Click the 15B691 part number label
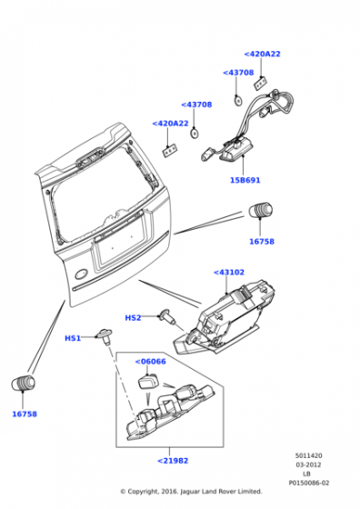pyautogui.click(x=245, y=180)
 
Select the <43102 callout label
pyautogui.click(x=229, y=272)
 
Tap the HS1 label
pyautogui.click(x=73, y=338)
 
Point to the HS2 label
pyautogui.click(x=133, y=317)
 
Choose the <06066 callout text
pyautogui.click(x=150, y=362)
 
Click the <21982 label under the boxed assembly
pyautogui.click(x=173, y=460)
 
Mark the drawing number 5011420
pyautogui.click(x=308, y=455)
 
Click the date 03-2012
pyautogui.click(x=308, y=464)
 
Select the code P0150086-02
pyautogui.click(x=309, y=483)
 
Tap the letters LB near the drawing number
pyautogui.click(x=306, y=474)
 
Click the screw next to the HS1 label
pyautogui.click(x=104, y=335)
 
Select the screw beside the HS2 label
pyautogui.click(x=167, y=316)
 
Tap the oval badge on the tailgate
pyautogui.click(x=81, y=274)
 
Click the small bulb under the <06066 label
pyautogui.click(x=147, y=381)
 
